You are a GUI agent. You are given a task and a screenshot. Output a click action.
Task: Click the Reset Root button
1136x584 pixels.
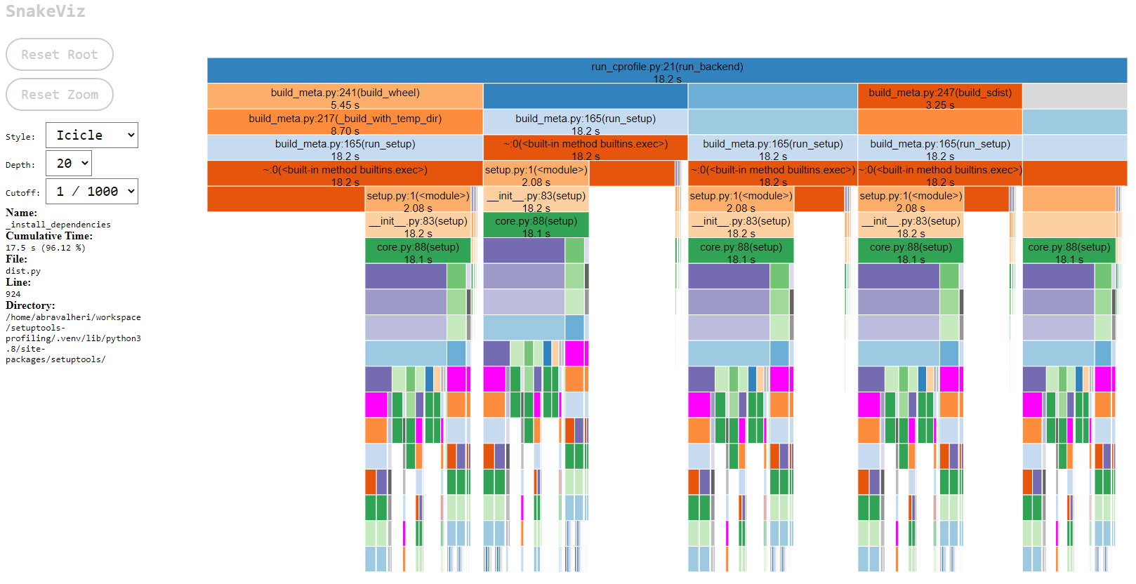59,55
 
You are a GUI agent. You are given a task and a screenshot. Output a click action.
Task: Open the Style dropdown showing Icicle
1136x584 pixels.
92,135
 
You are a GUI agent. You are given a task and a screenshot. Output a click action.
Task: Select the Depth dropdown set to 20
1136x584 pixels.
69,164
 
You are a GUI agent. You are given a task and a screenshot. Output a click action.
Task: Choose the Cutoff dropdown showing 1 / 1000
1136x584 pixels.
92,192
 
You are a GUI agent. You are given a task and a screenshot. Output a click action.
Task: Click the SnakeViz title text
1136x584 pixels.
46,11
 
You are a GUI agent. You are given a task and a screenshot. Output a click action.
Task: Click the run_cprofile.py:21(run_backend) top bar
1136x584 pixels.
666,71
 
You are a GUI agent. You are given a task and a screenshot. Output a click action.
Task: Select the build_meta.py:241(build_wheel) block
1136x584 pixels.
345,97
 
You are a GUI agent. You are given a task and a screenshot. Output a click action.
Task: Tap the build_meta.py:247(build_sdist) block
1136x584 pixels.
939,97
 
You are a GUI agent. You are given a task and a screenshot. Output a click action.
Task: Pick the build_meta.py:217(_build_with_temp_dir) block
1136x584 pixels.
345,122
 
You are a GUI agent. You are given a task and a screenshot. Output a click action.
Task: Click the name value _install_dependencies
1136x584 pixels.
58,225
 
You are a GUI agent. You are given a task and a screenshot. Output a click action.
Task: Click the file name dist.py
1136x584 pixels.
23,271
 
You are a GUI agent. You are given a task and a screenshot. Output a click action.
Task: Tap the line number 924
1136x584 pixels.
13,294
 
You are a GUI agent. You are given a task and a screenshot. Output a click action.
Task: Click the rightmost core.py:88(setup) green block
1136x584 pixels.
1069,251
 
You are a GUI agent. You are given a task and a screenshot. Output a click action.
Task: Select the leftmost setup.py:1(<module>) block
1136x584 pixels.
418,200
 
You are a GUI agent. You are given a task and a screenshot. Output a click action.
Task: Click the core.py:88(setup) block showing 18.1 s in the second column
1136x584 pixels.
536,225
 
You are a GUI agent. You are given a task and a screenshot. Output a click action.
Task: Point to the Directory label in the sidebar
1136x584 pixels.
29,305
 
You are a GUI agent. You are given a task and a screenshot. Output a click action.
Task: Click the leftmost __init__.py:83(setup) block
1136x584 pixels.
418,225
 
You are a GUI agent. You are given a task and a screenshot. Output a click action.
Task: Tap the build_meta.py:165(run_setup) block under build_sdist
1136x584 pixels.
939,148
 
